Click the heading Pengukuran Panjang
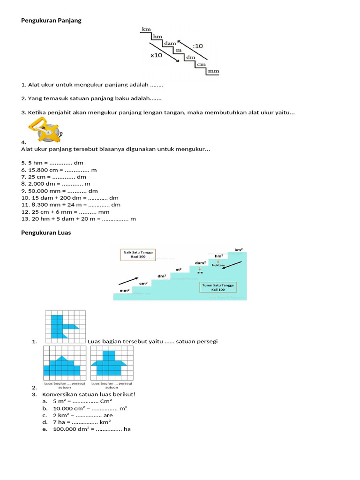point(51,21)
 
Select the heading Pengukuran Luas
point(46,232)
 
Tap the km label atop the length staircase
point(146,29)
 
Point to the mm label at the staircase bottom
point(213,72)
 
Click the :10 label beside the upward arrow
point(198,46)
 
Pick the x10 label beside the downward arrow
point(157,55)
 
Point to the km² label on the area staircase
point(239,250)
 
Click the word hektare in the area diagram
point(218,265)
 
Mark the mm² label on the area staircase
point(124,291)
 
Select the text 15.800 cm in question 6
point(44,170)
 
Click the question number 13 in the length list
point(25,219)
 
